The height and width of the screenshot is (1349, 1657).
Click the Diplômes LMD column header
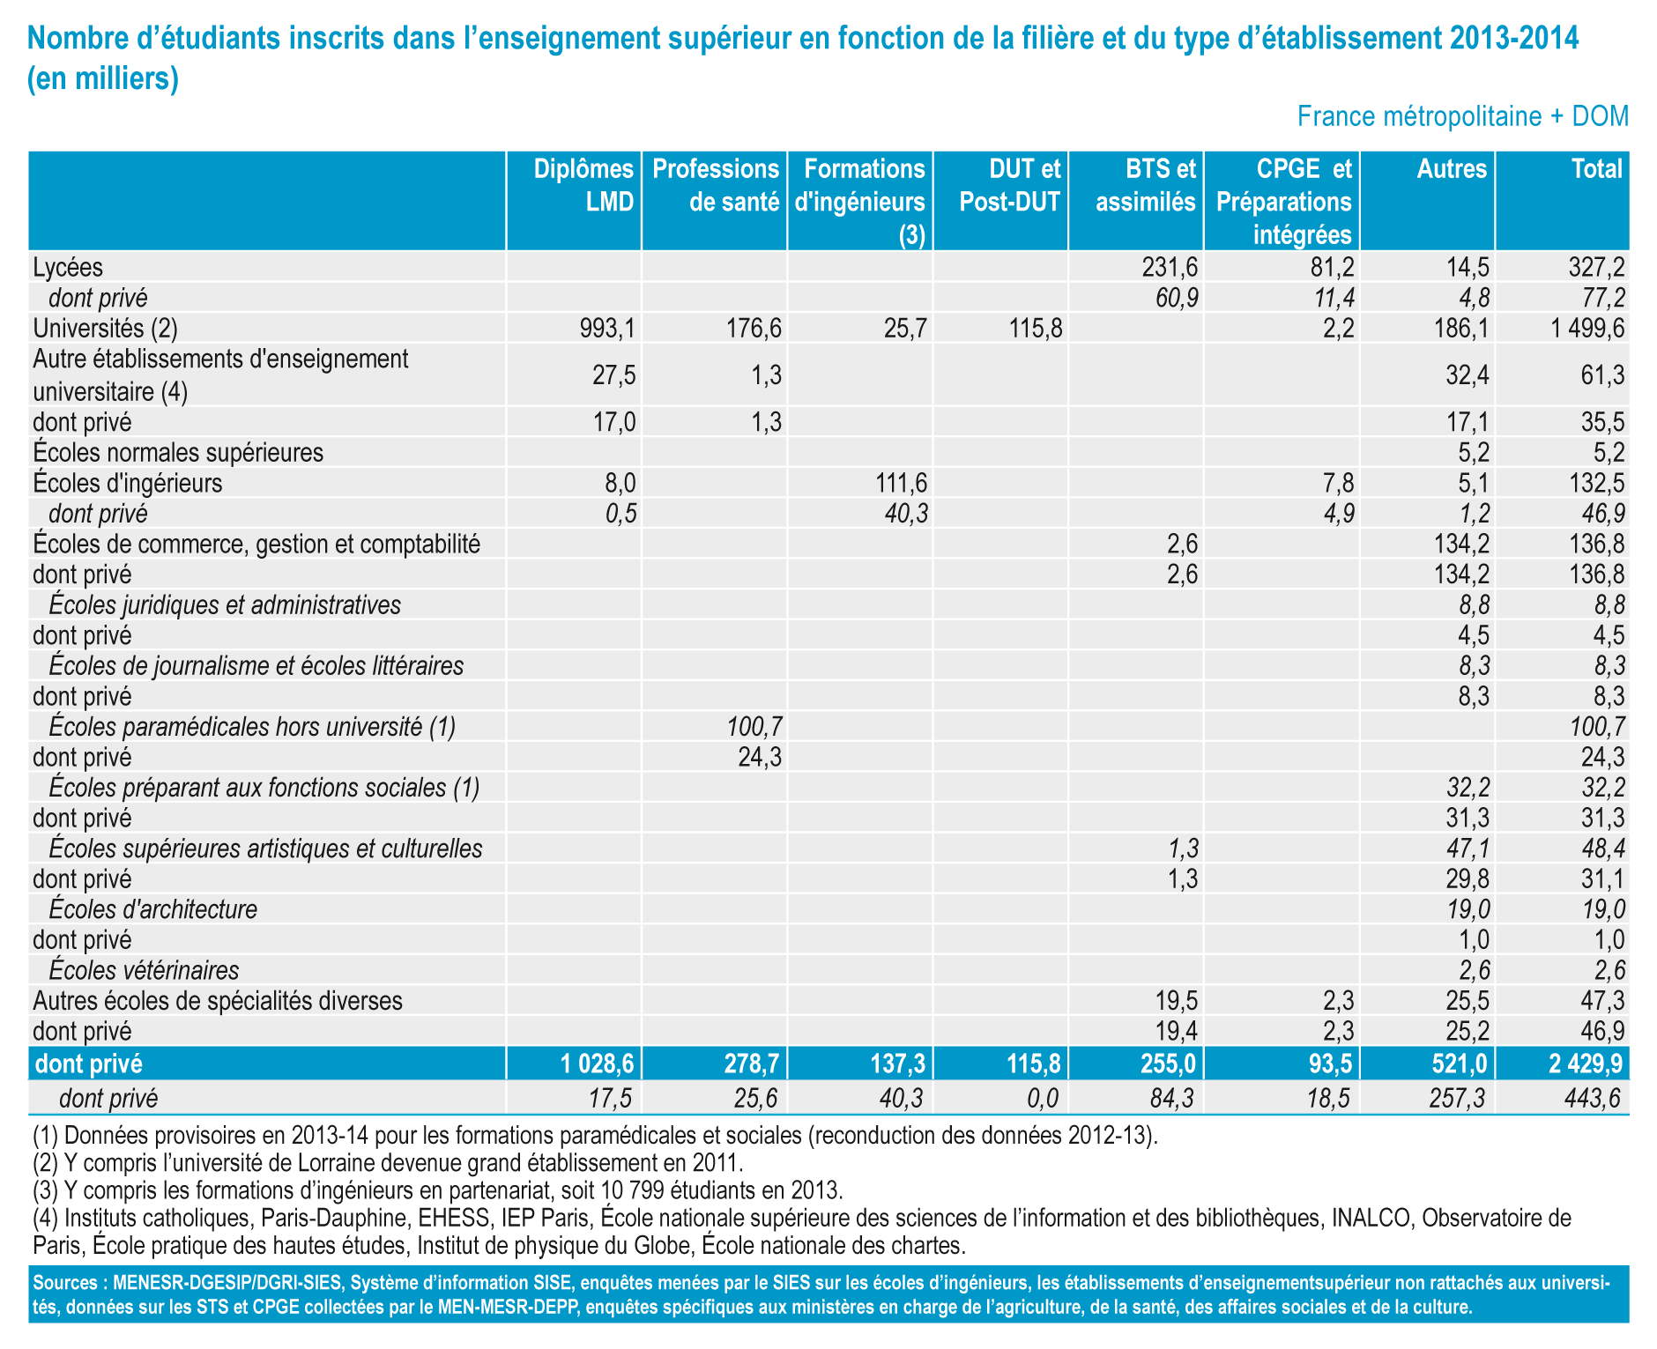pos(583,185)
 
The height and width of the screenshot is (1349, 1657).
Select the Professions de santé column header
pos(716,185)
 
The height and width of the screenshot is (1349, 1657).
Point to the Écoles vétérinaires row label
pos(144,970)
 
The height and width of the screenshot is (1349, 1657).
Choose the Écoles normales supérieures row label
pos(178,452)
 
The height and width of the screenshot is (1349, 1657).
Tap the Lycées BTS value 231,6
pos(1170,267)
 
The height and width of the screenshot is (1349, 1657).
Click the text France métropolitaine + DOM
pos(1462,116)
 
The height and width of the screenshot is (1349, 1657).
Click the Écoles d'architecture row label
pos(153,908)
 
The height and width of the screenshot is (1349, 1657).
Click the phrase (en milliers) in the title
pos(104,79)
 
